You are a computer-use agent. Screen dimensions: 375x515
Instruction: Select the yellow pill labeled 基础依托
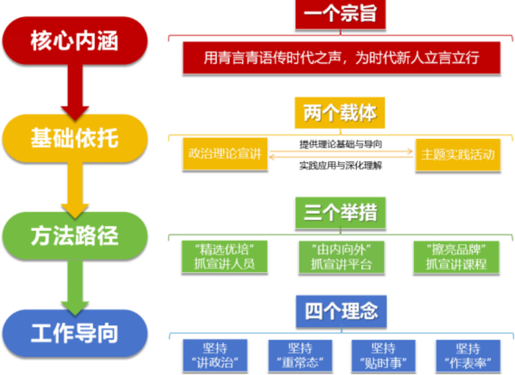click(x=74, y=137)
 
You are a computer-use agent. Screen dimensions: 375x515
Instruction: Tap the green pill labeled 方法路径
click(x=74, y=235)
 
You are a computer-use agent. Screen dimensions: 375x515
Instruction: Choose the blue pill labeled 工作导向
click(x=74, y=333)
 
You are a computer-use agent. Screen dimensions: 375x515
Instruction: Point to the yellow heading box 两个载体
click(x=340, y=113)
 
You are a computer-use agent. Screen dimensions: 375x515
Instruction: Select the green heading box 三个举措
click(x=340, y=213)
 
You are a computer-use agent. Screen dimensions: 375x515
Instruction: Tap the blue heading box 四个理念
click(x=340, y=310)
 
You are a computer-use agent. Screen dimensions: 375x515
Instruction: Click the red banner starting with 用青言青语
click(x=341, y=57)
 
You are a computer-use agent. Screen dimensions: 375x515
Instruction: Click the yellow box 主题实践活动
click(x=457, y=154)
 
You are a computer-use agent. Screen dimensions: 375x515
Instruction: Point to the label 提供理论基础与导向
click(x=341, y=143)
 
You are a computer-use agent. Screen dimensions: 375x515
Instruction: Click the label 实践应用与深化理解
click(x=341, y=165)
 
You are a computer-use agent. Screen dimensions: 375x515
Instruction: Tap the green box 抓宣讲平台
click(x=341, y=256)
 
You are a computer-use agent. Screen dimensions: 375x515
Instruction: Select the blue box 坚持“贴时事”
click(x=383, y=355)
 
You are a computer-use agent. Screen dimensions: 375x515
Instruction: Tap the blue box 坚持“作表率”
click(x=468, y=355)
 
